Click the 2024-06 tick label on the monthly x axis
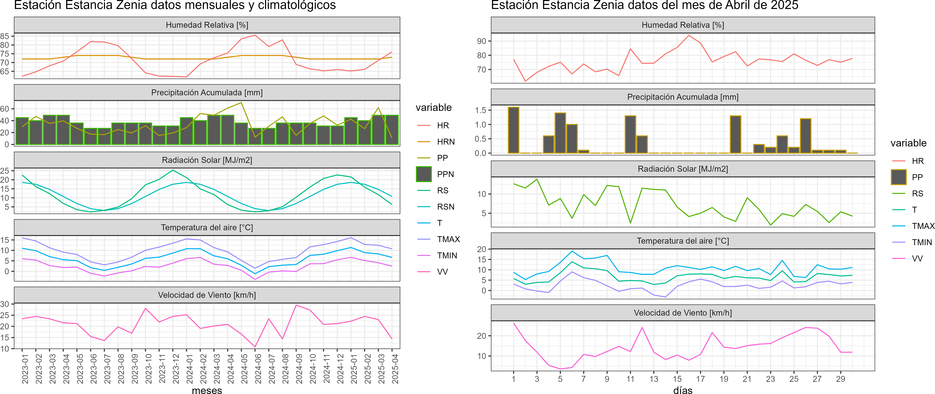point(258,369)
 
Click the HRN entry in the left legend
point(445,142)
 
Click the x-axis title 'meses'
point(207,390)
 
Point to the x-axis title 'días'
point(683,390)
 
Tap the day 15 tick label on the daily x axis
point(677,379)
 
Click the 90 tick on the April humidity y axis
point(481,41)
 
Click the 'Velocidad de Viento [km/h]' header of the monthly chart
point(207,295)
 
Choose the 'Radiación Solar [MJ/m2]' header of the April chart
point(683,169)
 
